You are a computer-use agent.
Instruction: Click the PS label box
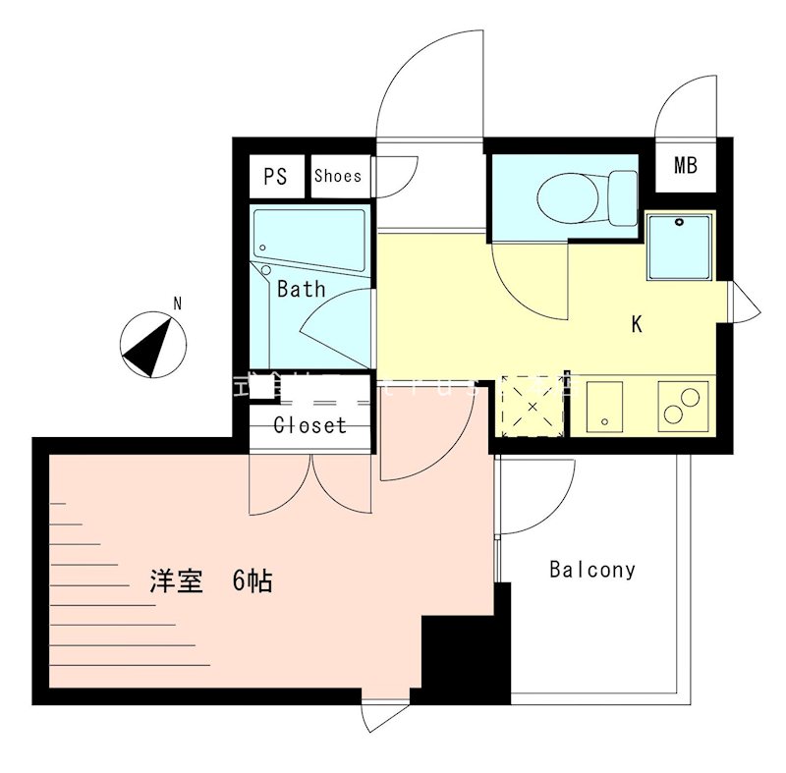275,177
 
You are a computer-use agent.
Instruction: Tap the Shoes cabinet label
338,177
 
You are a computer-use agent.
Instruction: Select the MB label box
685,165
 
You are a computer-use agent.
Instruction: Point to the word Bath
301,290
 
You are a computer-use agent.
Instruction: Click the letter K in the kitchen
637,325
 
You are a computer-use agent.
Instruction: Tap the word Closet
309,425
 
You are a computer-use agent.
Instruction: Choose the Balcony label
592,569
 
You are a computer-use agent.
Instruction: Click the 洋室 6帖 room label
210,581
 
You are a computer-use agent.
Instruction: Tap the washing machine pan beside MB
678,245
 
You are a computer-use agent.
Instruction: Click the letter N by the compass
177,304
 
